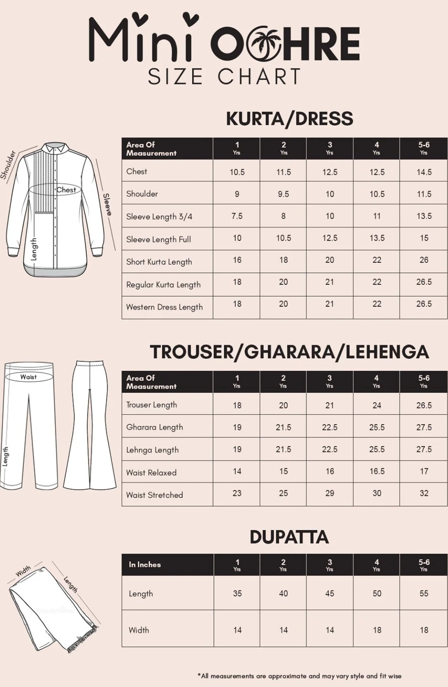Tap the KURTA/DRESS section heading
point(289,119)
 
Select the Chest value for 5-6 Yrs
point(424,172)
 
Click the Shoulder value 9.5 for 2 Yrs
point(283,194)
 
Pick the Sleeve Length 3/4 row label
point(159,217)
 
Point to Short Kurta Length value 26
point(424,260)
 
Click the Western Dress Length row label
point(164,307)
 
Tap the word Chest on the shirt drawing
point(66,190)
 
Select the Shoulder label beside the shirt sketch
point(8,165)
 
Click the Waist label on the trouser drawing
point(28,377)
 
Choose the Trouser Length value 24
point(377,405)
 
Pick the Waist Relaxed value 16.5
point(377,471)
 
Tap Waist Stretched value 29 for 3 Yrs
point(329,493)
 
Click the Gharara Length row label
point(154,427)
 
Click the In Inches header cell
point(145,565)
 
